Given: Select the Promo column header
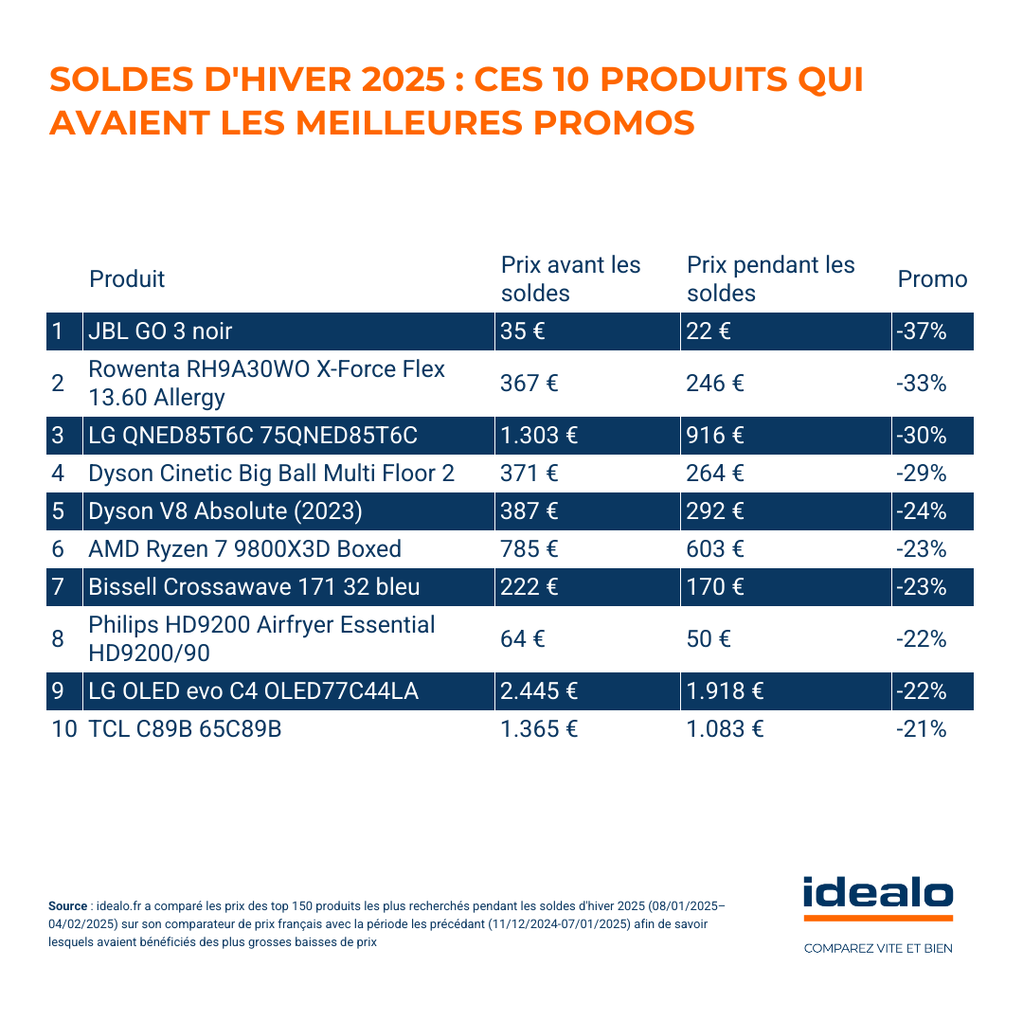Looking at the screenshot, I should [x=932, y=279].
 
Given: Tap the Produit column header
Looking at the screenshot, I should [x=127, y=279].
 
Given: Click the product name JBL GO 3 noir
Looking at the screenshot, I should [x=160, y=331].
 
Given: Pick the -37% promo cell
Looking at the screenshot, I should [x=921, y=331].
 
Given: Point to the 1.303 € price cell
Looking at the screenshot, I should [x=539, y=436].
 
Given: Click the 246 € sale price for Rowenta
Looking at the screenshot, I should [x=715, y=384].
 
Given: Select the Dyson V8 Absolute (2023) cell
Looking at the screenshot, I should [x=225, y=511].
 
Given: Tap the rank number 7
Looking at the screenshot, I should [x=58, y=587].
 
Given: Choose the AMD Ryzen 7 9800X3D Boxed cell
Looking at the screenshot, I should [x=244, y=549].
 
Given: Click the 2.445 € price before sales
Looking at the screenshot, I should [x=539, y=691].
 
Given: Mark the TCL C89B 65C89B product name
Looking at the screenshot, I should [x=185, y=729].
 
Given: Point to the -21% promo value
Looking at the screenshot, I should [x=921, y=729].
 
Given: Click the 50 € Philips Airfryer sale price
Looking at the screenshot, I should [x=709, y=639].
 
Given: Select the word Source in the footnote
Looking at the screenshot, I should [x=67, y=906].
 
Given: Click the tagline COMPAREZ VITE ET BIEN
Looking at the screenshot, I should [x=878, y=948].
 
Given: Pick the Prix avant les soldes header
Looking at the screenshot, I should [x=570, y=279].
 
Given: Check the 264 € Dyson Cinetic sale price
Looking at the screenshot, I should [x=715, y=474].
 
